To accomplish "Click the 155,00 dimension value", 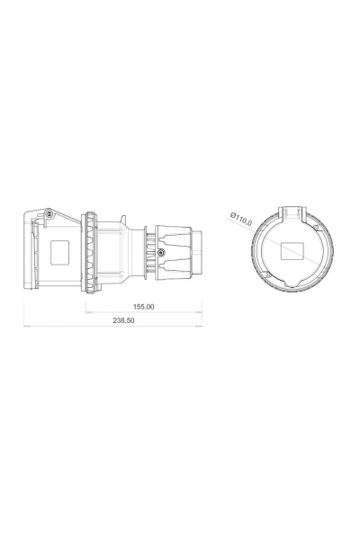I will pyautogui.click(x=144, y=307).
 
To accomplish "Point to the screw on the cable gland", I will pyautogui.click(x=159, y=254).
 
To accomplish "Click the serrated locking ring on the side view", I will pyautogui.click(x=91, y=250).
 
